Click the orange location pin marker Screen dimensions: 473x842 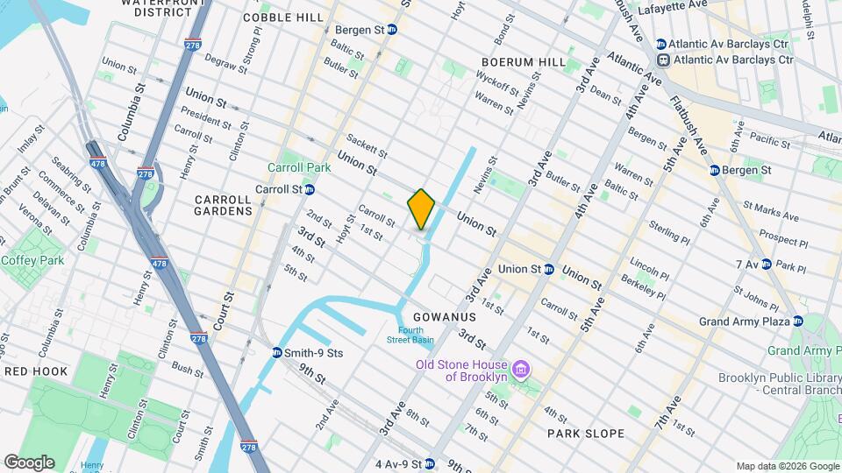[421, 209]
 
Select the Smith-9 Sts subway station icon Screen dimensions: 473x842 [277, 353]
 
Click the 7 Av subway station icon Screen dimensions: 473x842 [766, 264]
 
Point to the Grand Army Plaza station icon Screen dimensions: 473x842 [797, 321]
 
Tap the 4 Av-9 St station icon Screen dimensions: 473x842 [429, 463]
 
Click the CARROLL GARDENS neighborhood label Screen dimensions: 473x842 [224, 205]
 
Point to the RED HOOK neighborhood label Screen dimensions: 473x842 [36, 371]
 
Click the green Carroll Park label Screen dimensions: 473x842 [299, 167]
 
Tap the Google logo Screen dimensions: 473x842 [29, 462]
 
